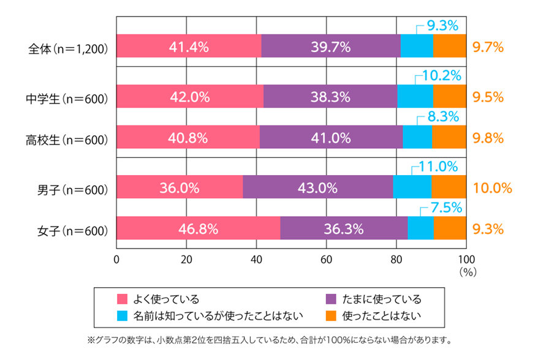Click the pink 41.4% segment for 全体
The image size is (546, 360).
coord(188,46)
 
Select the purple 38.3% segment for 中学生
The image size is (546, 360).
coord(330,96)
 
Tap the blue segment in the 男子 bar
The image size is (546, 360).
coord(412,187)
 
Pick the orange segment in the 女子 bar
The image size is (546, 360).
coord(450,228)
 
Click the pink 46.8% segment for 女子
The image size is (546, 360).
coord(198,228)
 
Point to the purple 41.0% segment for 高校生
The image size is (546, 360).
coord(331,137)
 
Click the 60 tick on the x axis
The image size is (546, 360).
coord(325,258)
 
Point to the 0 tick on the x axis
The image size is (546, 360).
coord(116,258)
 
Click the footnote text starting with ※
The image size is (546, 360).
coord(270,339)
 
